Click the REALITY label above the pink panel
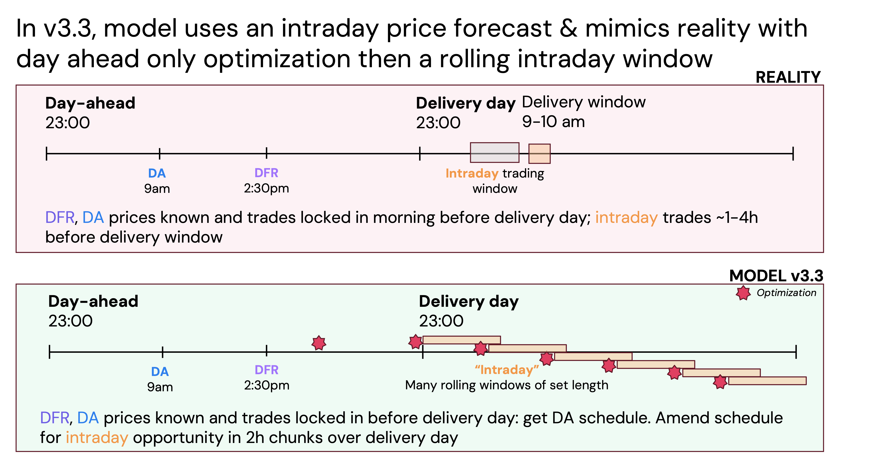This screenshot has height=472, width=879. [788, 77]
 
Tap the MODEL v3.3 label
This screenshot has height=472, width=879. [776, 276]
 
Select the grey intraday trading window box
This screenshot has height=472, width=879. [494, 152]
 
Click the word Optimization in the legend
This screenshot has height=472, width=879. [786, 293]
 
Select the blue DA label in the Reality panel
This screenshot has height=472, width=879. [157, 173]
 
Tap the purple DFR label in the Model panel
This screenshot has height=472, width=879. [267, 370]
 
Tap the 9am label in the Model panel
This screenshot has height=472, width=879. [160, 387]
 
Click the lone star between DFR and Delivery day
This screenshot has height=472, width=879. [319, 343]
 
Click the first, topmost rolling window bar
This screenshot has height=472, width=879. [461, 340]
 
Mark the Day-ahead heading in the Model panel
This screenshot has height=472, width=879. [93, 301]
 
